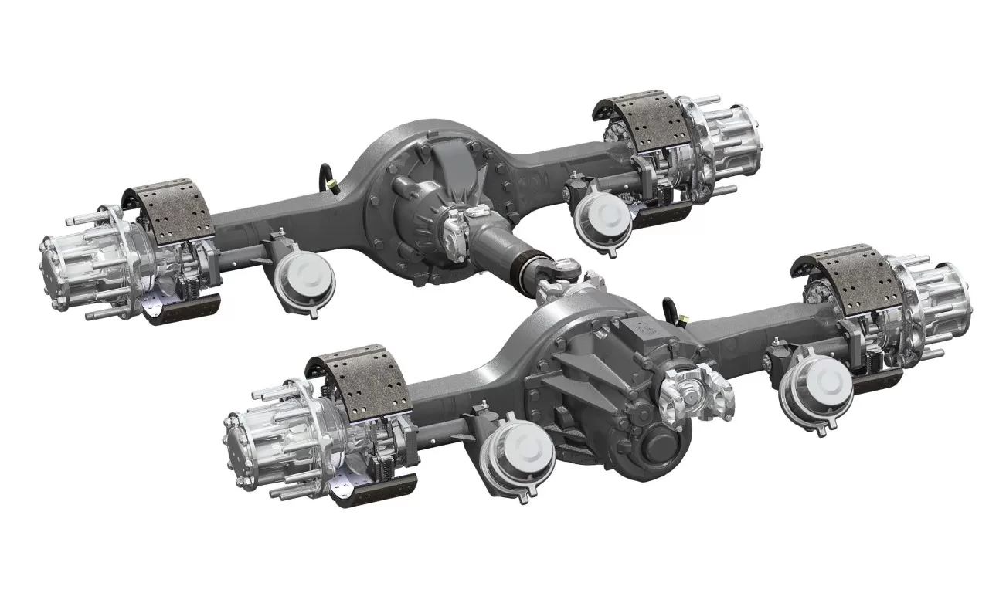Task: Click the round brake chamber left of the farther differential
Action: [x=303, y=275]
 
